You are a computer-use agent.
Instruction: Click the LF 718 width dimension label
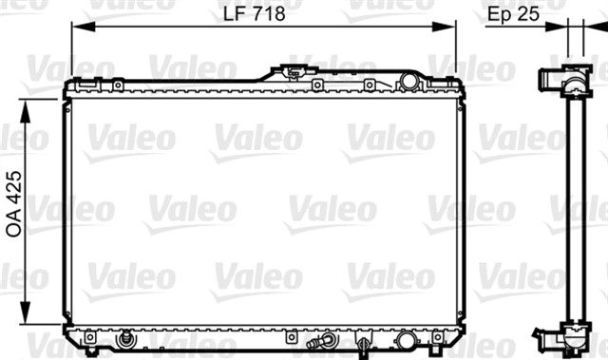tap(254, 13)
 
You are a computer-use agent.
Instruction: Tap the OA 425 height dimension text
tap(14, 204)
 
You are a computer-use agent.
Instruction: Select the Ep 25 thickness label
tap(513, 14)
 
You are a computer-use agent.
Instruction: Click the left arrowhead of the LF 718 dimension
tap(83, 27)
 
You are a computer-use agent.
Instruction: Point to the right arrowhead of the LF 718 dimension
tap(443, 27)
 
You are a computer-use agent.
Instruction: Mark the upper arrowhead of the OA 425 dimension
tap(25, 111)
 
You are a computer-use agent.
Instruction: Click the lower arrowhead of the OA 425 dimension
tap(25, 313)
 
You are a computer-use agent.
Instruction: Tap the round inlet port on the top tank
tap(409, 82)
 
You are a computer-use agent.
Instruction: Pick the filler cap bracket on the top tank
tap(294, 71)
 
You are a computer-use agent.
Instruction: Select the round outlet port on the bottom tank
tap(406, 340)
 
